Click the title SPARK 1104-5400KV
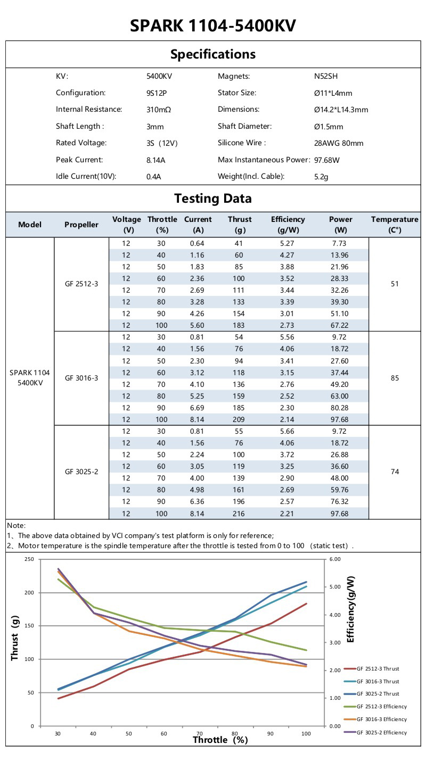tap(213, 25)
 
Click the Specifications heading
tap(213, 54)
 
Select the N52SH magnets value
tap(326, 76)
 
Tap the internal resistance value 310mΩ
tap(159, 110)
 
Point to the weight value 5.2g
tap(321, 177)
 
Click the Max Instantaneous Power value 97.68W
tap(327, 160)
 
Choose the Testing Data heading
tap(213, 199)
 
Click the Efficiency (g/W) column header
tap(288, 225)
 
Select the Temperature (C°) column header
tap(395, 225)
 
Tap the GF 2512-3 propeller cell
tap(81, 284)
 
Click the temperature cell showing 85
tap(395, 378)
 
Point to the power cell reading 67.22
tap(341, 325)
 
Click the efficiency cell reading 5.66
tap(288, 431)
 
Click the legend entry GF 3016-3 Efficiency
tap(381, 720)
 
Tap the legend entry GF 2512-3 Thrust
tap(378, 669)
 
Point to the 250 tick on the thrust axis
tap(29, 559)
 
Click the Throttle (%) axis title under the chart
tap(220, 740)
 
